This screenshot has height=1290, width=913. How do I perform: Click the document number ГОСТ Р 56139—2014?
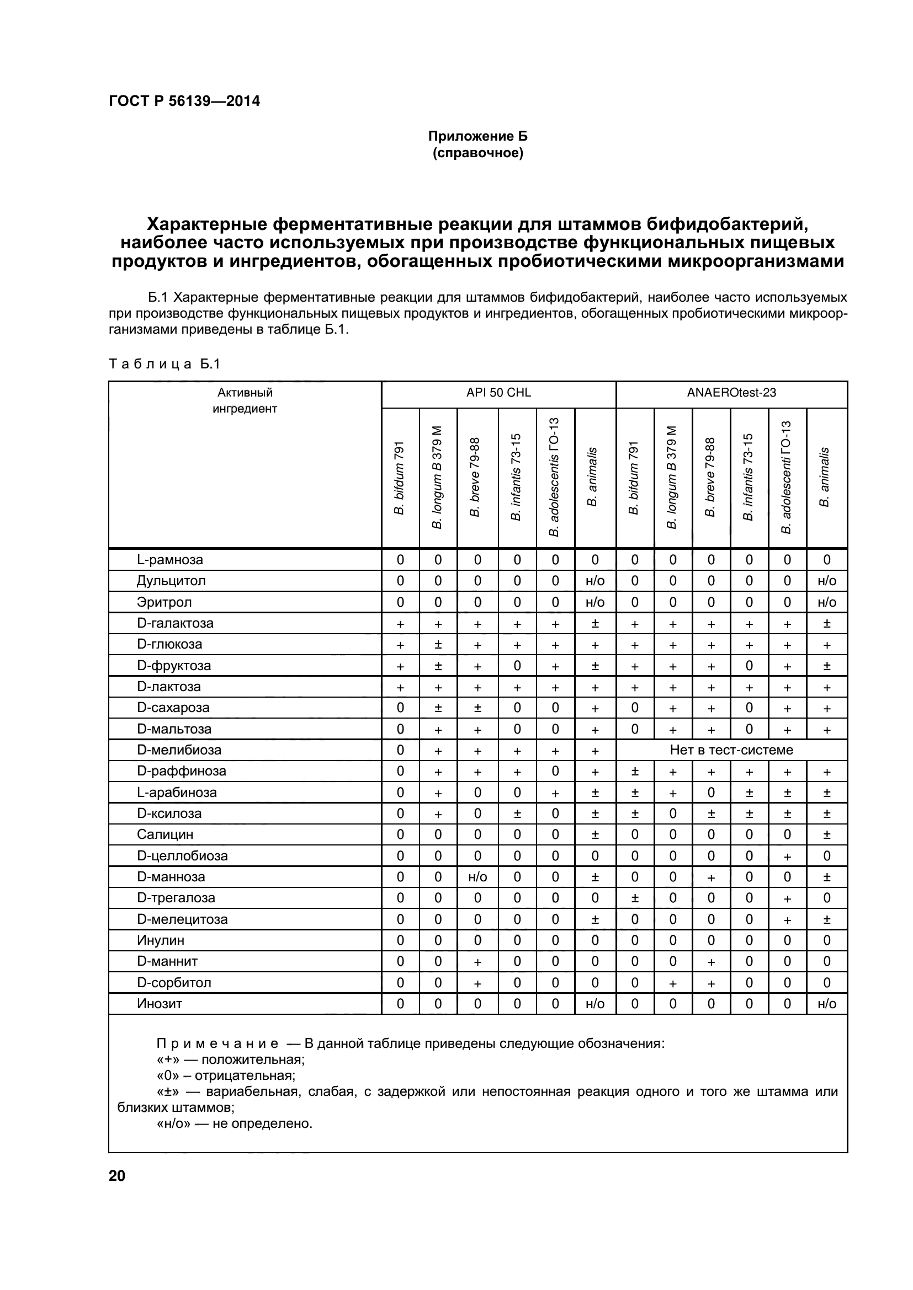coord(184,101)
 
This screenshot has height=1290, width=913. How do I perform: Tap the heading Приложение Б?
coord(477,136)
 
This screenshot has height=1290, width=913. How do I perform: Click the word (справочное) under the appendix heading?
coord(477,153)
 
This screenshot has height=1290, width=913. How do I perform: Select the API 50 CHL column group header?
coord(498,393)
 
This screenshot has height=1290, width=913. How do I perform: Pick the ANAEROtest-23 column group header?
coord(731,393)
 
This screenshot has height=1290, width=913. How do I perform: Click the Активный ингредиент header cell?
coord(245,400)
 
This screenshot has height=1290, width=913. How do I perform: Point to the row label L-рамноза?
coord(170,560)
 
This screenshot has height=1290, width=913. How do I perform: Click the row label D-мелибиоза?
coord(179,750)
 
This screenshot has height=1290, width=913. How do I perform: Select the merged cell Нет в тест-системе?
coord(731,750)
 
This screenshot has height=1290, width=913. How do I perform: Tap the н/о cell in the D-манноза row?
coord(477,877)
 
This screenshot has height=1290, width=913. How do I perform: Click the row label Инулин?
coord(160,940)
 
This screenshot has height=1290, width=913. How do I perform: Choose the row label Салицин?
coord(161,834)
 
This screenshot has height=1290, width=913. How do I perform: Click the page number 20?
coord(117,1176)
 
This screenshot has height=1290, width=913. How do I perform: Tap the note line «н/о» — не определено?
coord(234,1123)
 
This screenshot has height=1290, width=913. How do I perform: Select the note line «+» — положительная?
coord(231,1059)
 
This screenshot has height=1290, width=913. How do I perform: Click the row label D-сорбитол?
coord(174,983)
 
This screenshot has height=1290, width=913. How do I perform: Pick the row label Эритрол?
coord(164,602)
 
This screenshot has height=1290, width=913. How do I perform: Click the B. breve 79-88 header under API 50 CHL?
coord(476,478)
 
